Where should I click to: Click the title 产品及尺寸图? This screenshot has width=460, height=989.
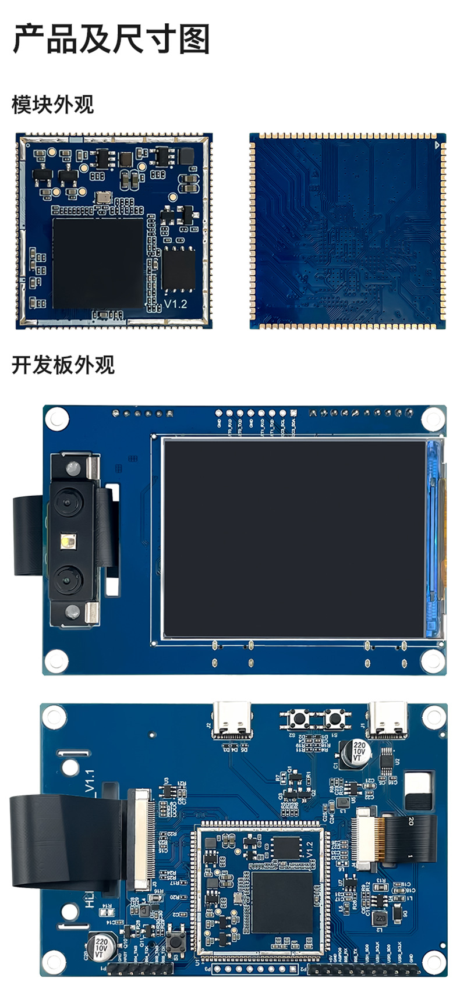click(111, 40)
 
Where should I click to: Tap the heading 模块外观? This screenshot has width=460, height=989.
click(52, 105)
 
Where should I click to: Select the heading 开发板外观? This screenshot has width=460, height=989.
click(63, 365)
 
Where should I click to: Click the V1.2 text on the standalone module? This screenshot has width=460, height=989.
click(175, 304)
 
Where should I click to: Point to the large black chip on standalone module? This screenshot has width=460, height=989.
click(98, 263)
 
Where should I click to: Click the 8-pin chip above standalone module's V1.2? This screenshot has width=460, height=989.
click(179, 268)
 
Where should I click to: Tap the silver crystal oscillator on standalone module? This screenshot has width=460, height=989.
click(103, 197)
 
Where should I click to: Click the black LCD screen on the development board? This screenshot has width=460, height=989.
click(294, 538)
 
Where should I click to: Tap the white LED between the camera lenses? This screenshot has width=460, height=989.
click(65, 543)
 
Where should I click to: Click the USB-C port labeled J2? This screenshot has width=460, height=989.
click(232, 720)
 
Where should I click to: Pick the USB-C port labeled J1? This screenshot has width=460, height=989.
click(387, 720)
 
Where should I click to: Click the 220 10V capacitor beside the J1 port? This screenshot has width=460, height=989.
click(358, 752)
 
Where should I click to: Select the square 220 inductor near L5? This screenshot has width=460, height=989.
click(380, 919)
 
